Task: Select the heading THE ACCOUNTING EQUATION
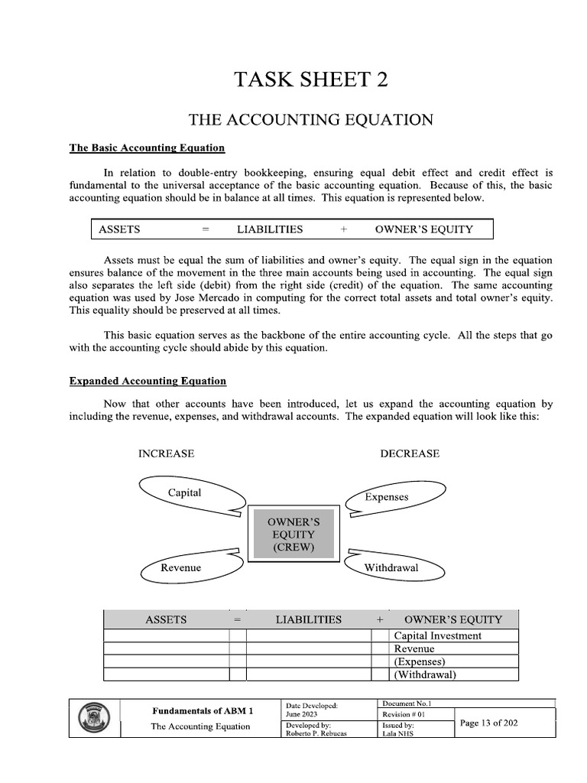(311, 120)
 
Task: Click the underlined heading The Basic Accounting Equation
(147, 148)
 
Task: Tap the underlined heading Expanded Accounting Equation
(148, 381)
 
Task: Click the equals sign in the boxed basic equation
(205, 229)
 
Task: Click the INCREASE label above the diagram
(166, 453)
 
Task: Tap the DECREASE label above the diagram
(410, 453)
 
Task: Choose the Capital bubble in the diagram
(184, 493)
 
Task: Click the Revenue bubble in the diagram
(181, 567)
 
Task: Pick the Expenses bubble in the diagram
(387, 497)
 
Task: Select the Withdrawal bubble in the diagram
(391, 567)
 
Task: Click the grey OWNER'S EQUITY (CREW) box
(293, 534)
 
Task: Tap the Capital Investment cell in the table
(437, 635)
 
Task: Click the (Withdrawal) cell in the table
(425, 674)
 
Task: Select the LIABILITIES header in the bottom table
(309, 619)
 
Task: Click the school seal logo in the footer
(95, 719)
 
